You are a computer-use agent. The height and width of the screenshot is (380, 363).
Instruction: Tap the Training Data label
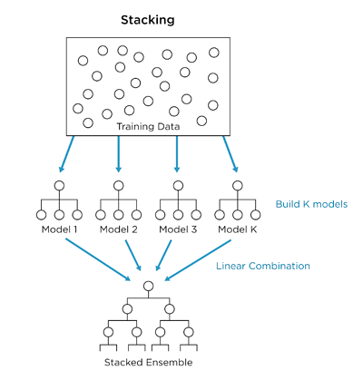pyautogui.click(x=148, y=126)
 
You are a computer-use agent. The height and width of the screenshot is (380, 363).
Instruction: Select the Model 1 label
pyautogui.click(x=59, y=229)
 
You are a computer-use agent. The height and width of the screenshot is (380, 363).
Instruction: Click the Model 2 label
pyautogui.click(x=118, y=229)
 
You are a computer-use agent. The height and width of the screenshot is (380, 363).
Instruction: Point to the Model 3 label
pyautogui.click(x=177, y=229)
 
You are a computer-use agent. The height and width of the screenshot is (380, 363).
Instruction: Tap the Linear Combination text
pyautogui.click(x=263, y=266)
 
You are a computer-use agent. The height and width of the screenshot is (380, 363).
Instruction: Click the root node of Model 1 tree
pyautogui.click(x=59, y=186)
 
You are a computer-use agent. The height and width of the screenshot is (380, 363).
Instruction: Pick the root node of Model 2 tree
pyautogui.click(x=118, y=186)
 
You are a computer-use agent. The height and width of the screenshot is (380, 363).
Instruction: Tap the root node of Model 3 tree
pyautogui.click(x=177, y=186)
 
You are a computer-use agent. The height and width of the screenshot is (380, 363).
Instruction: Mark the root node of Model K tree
pyautogui.click(x=236, y=186)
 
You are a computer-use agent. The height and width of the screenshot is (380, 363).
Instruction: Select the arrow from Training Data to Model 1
pyautogui.click(x=68, y=153)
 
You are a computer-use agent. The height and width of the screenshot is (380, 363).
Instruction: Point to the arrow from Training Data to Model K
pyautogui.click(x=229, y=153)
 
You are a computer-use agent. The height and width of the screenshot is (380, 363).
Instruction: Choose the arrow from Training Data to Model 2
pyautogui.click(x=118, y=154)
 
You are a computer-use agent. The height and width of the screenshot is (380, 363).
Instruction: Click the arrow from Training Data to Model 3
pyautogui.click(x=177, y=154)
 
